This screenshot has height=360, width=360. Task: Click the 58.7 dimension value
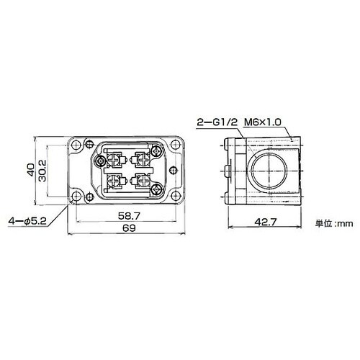129,216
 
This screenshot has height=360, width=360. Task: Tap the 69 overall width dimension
129,228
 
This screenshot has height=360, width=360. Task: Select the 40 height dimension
31,170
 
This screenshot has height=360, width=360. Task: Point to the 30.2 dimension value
42,171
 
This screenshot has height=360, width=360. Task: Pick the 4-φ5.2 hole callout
27,221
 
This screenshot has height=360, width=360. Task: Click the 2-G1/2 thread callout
217,122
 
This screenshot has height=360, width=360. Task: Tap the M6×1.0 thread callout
262,122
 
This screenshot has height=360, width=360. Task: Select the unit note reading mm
334,224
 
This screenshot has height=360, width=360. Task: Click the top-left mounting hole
76,145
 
